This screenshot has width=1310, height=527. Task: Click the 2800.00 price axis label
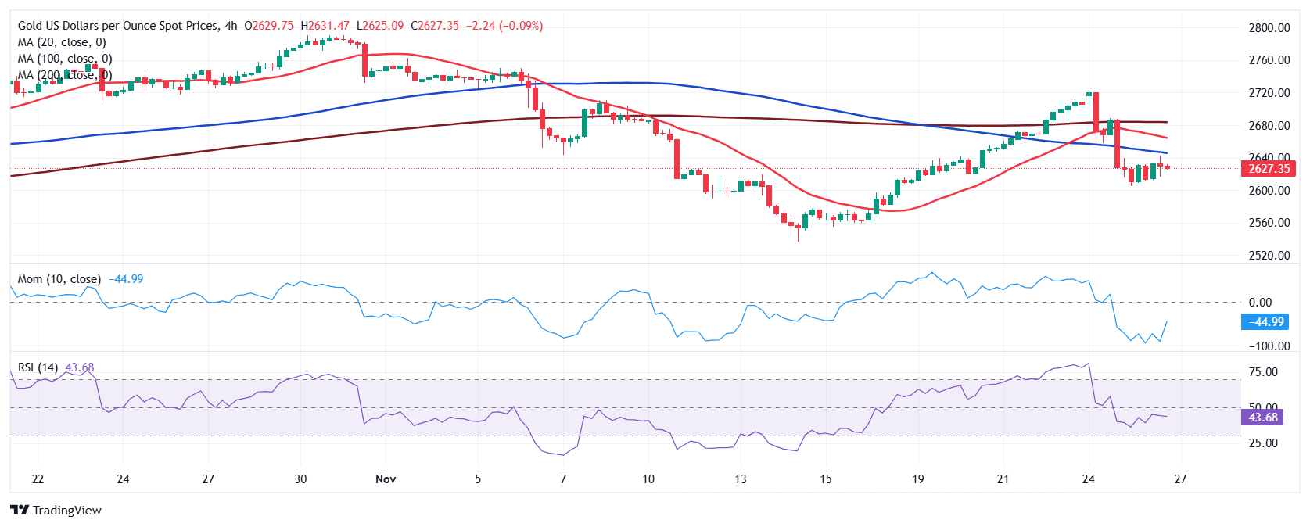(x=1269, y=28)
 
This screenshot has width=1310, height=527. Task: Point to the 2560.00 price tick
(x=1269, y=223)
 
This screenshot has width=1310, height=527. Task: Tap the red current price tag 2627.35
(x=1268, y=169)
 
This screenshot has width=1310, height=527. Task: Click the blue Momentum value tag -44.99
(x=1265, y=322)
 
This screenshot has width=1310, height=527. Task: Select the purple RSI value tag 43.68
(x=1262, y=418)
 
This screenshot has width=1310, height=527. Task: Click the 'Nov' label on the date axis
(x=386, y=479)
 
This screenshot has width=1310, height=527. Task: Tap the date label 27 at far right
(x=1180, y=479)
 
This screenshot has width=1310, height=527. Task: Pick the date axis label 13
(x=740, y=479)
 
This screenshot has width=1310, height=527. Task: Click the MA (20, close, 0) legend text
(x=62, y=42)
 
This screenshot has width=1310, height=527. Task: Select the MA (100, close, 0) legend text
(x=65, y=59)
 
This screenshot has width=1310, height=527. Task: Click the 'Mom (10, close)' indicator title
(x=59, y=279)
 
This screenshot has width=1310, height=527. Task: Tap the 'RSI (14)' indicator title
(x=38, y=367)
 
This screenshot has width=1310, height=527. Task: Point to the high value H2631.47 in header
(x=325, y=26)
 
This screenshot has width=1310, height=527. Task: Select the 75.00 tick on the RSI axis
(x=1264, y=372)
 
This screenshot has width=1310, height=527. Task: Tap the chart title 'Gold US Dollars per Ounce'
(x=118, y=26)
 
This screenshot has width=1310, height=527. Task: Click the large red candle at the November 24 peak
(x=1096, y=113)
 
